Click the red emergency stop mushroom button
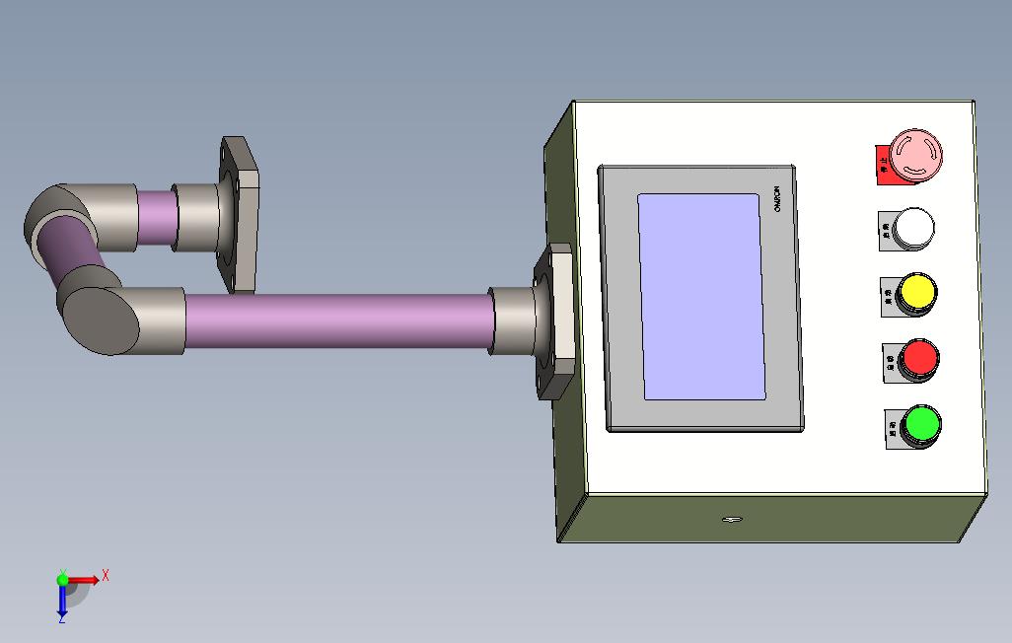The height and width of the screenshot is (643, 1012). tap(916, 155)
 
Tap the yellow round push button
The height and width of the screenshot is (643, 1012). tap(917, 293)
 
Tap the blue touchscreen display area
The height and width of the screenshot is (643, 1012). tap(701, 296)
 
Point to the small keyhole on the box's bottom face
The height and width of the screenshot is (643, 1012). tap(731, 520)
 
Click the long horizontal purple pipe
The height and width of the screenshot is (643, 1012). tap(335, 320)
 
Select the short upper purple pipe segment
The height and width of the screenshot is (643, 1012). tap(155, 212)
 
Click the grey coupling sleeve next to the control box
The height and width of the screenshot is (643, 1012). tap(513, 321)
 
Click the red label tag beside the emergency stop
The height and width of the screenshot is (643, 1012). tap(882, 166)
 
